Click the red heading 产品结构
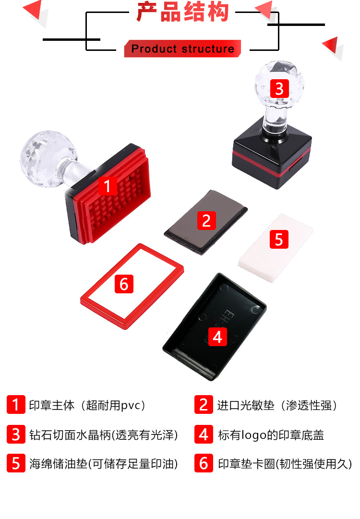click(x=182, y=13)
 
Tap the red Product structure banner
click(x=182, y=49)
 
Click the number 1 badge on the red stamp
click(x=108, y=185)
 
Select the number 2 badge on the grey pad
click(x=206, y=220)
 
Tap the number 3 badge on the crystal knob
click(x=279, y=89)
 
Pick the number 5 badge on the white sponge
click(x=279, y=239)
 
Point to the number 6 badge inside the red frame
click(x=124, y=284)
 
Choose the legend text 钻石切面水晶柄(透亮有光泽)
click(x=103, y=435)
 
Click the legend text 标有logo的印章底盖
click(x=271, y=435)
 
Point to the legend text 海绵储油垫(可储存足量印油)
click(x=103, y=464)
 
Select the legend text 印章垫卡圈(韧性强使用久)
click(x=285, y=464)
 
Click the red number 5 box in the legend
click(x=16, y=464)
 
